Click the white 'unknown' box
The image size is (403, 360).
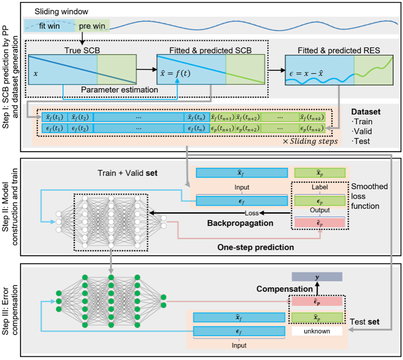(317, 332)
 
